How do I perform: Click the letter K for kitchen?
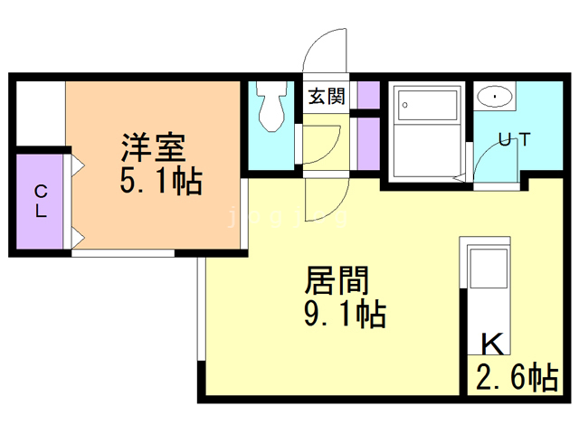tap(492, 344)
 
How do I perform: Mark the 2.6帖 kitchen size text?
tap(517, 377)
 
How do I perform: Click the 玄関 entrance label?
tap(327, 97)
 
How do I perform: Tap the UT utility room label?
tap(512, 139)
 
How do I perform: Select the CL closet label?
tap(41, 201)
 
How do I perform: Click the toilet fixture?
tap(271, 108)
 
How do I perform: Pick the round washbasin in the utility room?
tap(494, 96)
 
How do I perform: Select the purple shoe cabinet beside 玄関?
tap(368, 95)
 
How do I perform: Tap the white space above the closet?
tap(40, 113)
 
